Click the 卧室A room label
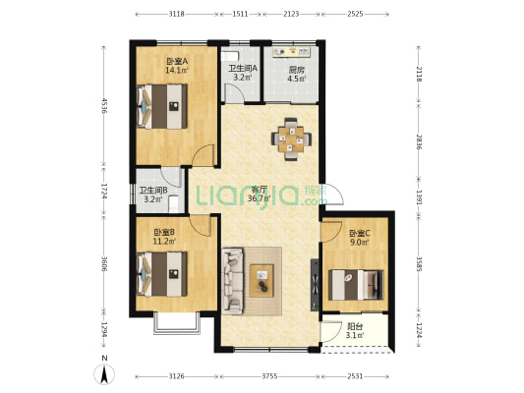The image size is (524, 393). coord(177,62)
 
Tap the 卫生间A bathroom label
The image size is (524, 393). coord(243,69)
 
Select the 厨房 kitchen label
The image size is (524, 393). coord(297,70)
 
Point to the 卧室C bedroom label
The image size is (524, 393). coord(360,233)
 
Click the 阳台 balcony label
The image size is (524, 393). coord(355,326)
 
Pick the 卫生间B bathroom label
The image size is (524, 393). coord(153,191)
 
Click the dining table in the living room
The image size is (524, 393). coord(291,140)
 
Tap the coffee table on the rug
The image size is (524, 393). coord(262,281)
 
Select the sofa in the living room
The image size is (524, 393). coord(233,281)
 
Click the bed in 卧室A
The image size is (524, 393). coord(162,106)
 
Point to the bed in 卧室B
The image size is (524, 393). coord(162,274)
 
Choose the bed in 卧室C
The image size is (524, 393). coord(356,285)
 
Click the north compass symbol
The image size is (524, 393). coord(104,374)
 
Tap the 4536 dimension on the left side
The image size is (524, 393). coord(104,106)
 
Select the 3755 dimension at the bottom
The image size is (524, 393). coord(269,376)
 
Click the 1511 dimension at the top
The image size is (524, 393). coord(240,14)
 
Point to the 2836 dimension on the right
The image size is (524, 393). coord(419,141)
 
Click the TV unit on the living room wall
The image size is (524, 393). coord(315,285)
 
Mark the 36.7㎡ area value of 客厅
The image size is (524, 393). coord(259,199)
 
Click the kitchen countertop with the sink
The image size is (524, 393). coord(292,52)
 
